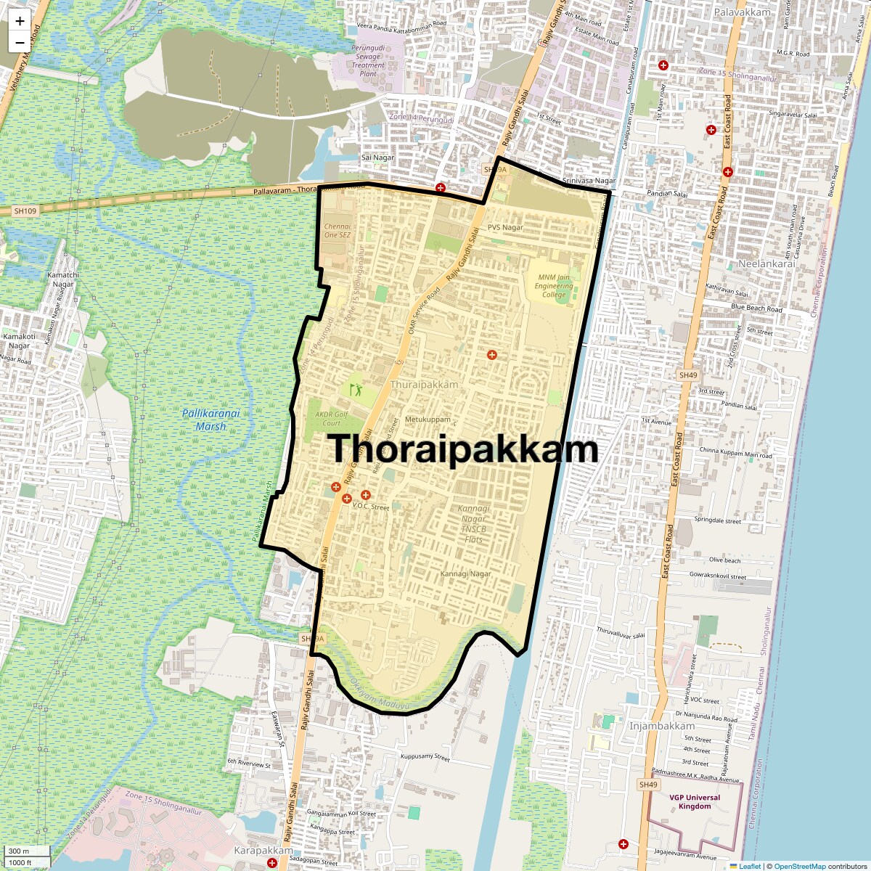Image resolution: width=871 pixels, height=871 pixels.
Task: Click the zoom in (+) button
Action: click(20, 21)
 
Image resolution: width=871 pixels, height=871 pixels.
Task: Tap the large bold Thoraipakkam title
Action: click(465, 449)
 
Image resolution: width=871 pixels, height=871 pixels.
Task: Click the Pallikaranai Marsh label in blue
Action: click(210, 420)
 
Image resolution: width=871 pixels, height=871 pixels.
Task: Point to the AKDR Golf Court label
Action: click(327, 419)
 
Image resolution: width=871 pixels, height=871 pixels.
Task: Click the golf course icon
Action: click(356, 390)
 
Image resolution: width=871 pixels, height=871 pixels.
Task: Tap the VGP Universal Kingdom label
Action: click(690, 801)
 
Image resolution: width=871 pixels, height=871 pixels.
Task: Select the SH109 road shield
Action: click(25, 210)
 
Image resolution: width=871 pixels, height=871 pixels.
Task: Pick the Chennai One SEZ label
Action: click(338, 231)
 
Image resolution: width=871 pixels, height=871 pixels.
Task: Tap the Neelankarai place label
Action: click(766, 263)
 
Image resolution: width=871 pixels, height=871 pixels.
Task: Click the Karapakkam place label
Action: click(263, 850)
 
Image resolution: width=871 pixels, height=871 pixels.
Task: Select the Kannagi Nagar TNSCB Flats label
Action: click(473, 524)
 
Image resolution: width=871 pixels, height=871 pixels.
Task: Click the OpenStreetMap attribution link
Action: click(799, 866)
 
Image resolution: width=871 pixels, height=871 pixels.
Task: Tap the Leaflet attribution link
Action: click(750, 866)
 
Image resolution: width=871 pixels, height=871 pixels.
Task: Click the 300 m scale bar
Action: click(26, 851)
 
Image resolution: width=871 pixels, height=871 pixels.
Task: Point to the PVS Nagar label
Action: click(505, 227)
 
